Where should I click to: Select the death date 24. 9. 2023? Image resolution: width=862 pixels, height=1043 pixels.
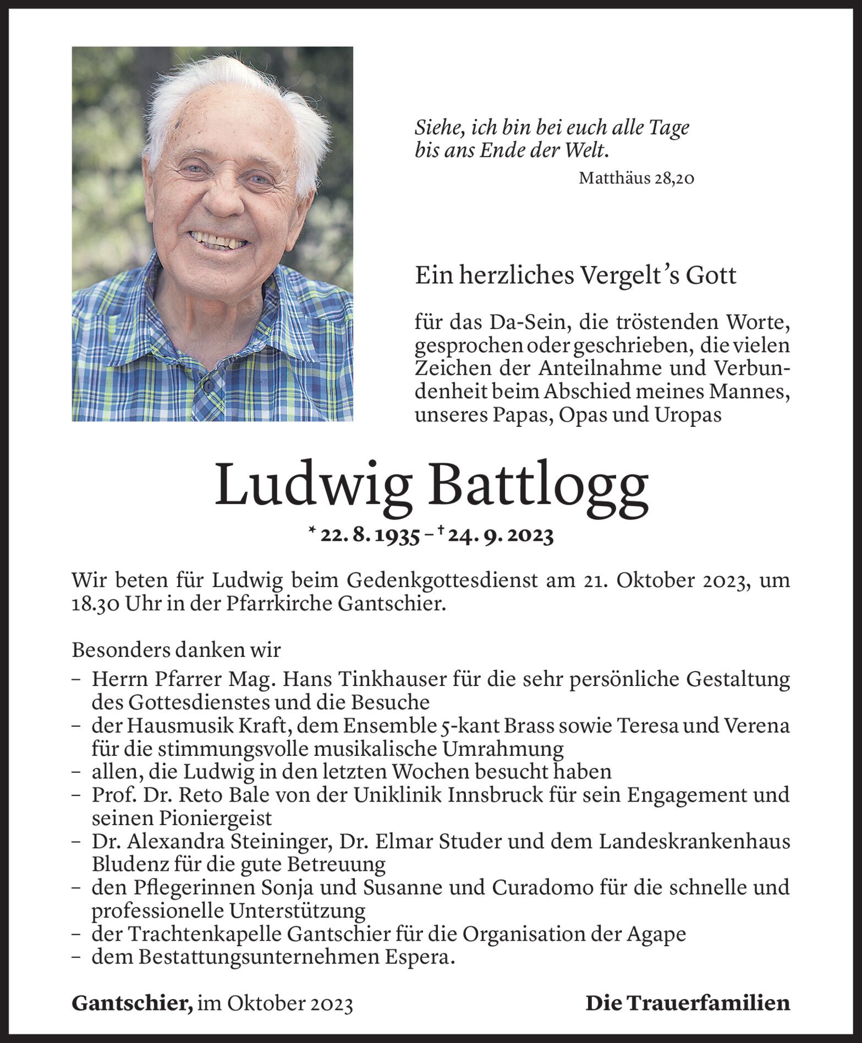point(501,535)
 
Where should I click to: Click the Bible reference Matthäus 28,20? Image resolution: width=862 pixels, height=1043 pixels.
point(636,178)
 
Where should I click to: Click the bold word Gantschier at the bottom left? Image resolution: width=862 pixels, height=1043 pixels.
point(132,1003)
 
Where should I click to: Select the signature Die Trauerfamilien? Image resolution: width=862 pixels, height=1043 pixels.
point(688,1003)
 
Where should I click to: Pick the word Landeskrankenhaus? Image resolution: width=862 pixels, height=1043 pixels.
point(694,842)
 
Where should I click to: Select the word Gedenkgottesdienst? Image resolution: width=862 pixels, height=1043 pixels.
point(442,581)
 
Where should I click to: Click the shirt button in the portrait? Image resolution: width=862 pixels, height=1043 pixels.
point(208,386)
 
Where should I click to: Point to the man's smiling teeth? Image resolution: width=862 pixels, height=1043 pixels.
point(217,240)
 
